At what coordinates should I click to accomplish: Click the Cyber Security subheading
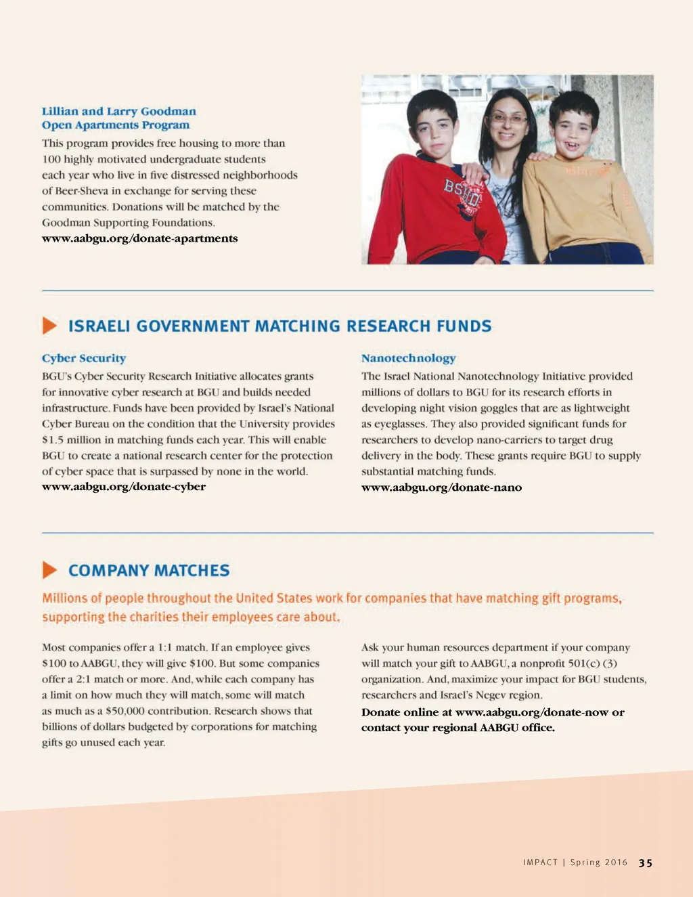(84, 358)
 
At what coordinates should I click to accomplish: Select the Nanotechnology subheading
(408, 358)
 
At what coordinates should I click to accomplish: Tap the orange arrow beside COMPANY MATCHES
(49, 570)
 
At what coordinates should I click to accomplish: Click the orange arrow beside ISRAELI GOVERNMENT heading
(49, 326)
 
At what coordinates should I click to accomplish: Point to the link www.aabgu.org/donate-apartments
(139, 238)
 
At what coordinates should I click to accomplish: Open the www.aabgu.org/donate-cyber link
(124, 487)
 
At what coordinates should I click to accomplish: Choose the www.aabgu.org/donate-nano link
(441, 487)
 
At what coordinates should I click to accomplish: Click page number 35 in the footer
(646, 862)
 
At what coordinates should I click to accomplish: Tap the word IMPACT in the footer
(540, 862)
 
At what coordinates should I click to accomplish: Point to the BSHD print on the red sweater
(462, 194)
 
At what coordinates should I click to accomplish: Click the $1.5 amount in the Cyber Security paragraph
(53, 439)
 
